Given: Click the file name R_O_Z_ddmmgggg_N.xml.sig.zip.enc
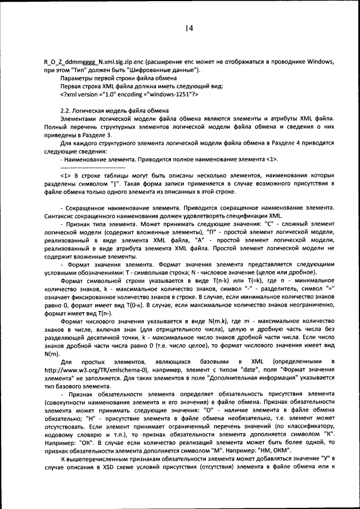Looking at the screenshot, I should [x=93, y=62].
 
